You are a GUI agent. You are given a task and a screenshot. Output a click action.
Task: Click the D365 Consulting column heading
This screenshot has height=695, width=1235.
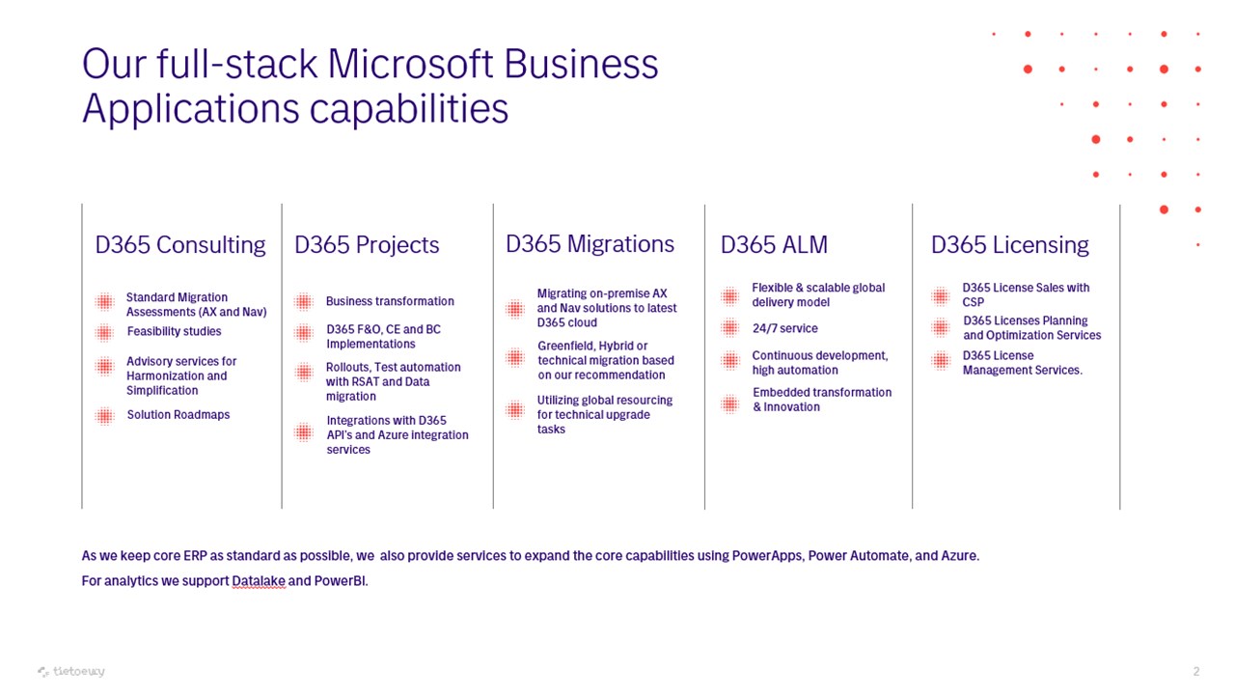pyautogui.click(x=180, y=245)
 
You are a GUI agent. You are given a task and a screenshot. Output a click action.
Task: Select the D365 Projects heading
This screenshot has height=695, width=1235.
pyautogui.click(x=367, y=245)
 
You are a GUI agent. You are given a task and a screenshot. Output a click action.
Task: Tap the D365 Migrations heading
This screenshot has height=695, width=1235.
pyautogui.click(x=590, y=244)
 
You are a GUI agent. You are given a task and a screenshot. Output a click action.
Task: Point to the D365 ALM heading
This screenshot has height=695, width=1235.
pyautogui.click(x=774, y=245)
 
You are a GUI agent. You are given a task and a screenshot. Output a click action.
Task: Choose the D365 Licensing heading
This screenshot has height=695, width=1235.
pyautogui.click(x=1010, y=245)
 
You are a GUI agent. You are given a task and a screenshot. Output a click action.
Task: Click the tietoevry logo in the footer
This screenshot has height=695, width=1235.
pyautogui.click(x=71, y=671)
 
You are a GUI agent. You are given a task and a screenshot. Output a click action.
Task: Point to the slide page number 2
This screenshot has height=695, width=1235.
pyautogui.click(x=1195, y=671)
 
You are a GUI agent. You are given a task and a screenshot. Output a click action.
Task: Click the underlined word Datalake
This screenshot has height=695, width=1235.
pyautogui.click(x=259, y=581)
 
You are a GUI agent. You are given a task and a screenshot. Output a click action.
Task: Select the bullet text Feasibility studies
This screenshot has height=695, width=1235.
pyautogui.click(x=175, y=331)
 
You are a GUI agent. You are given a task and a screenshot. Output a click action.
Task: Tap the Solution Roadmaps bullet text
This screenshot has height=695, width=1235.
pyautogui.click(x=178, y=415)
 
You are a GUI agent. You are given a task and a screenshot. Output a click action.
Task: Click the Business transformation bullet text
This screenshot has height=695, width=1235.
pyautogui.click(x=390, y=301)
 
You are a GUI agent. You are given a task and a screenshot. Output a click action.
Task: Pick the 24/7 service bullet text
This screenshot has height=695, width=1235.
pyautogui.click(x=785, y=328)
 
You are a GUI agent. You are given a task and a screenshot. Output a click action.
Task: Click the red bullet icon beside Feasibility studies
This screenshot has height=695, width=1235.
pyautogui.click(x=104, y=333)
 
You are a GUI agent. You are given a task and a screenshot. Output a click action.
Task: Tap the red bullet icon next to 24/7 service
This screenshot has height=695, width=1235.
pyautogui.click(x=730, y=328)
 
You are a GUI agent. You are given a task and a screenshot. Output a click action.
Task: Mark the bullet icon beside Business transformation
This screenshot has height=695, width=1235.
pyautogui.click(x=303, y=302)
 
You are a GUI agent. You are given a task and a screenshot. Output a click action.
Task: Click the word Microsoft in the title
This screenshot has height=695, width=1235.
pyautogui.click(x=410, y=64)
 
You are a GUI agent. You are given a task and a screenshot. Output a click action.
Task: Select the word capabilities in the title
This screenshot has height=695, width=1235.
pyautogui.click(x=408, y=109)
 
